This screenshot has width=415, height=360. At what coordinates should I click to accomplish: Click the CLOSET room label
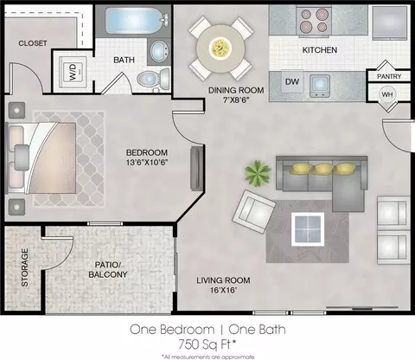[33, 43]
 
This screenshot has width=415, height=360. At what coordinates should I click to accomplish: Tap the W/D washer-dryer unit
[73, 72]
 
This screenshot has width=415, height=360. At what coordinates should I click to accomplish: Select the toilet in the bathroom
[153, 78]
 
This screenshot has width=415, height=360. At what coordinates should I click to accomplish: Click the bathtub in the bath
[132, 21]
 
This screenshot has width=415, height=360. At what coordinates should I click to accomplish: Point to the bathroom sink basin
[159, 51]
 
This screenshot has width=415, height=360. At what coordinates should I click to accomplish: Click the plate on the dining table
[220, 48]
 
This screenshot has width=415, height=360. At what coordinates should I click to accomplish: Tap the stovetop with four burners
[314, 20]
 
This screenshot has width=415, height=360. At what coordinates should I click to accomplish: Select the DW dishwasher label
[292, 82]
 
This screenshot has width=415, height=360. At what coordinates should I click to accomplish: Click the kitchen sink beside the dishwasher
[320, 86]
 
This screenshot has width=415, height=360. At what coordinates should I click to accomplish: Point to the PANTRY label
[389, 76]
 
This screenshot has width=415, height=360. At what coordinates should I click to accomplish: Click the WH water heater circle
[387, 94]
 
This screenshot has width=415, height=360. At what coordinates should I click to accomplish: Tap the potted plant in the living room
[258, 173]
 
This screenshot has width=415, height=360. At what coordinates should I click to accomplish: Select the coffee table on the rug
[308, 229]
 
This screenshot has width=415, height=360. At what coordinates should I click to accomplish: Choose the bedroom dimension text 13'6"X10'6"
[147, 163]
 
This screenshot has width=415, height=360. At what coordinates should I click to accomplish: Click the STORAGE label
[25, 267]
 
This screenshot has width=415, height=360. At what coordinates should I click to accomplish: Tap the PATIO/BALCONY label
[108, 270]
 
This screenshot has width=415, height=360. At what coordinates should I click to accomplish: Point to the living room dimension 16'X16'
[223, 290]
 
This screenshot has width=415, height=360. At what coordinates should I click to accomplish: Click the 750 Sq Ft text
[207, 344]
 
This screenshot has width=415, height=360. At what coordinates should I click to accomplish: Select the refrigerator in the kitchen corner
[390, 23]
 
